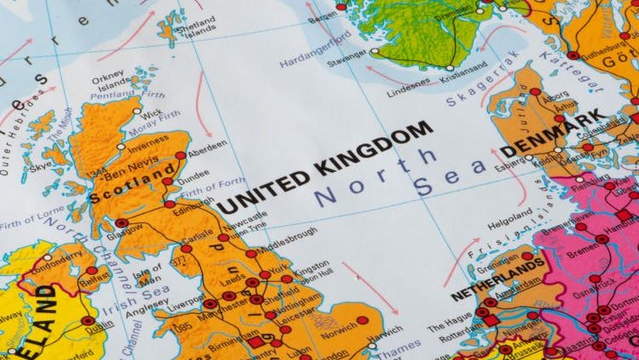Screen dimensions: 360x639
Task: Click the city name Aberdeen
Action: [207, 146]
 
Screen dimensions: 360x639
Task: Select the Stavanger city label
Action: [345, 61]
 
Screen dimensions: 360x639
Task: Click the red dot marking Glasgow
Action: [121, 223]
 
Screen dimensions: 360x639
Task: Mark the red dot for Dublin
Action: [88, 321]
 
